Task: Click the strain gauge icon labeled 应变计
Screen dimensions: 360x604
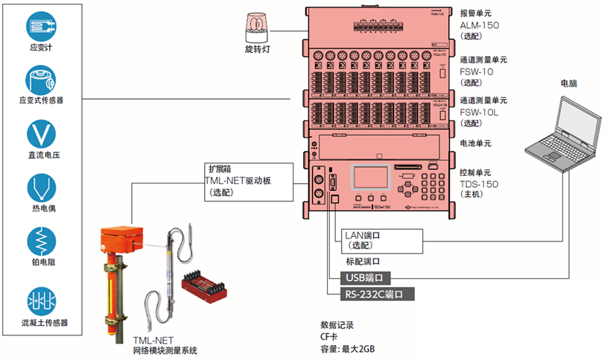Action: tap(41, 25)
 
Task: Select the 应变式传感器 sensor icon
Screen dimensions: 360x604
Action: tap(41, 79)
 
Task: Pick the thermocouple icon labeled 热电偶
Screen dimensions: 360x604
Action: tap(41, 188)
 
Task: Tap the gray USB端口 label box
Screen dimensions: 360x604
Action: tap(365, 278)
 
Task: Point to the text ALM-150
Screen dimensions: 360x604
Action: tap(480, 25)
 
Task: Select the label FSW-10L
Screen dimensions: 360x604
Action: tap(479, 112)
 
